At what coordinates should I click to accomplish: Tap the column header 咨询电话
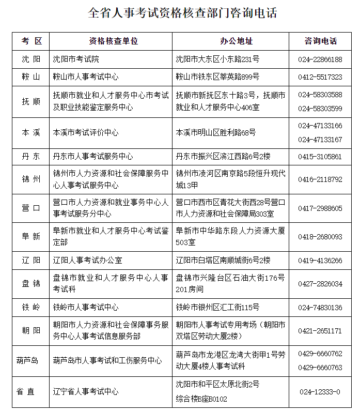320,41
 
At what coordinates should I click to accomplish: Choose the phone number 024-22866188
320,59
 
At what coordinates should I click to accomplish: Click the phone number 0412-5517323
320,77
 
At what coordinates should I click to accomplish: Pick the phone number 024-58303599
320,109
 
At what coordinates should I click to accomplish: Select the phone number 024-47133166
320,126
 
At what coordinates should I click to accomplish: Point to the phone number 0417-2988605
320,208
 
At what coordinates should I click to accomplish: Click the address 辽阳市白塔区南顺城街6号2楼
223,260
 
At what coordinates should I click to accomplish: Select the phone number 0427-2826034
320,284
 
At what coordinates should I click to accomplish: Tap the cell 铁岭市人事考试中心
86,308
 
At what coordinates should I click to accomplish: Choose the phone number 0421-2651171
320,331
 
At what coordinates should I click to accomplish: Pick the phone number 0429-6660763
320,368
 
